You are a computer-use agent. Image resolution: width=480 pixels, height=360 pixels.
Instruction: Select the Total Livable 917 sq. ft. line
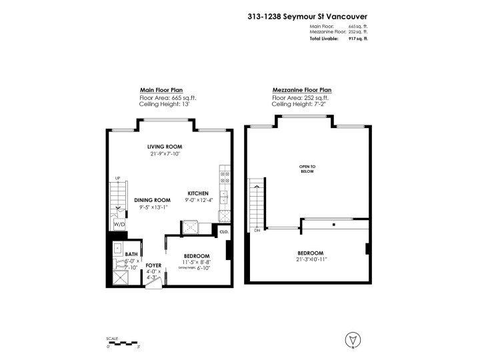[x=339, y=39]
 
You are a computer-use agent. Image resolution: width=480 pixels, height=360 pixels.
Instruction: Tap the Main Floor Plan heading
[x=161, y=90]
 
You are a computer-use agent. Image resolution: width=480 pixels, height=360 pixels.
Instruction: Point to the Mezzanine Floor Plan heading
[x=301, y=90]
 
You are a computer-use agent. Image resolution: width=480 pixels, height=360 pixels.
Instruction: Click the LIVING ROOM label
[x=165, y=147]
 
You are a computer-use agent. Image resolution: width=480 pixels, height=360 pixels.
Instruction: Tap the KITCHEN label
[x=197, y=193]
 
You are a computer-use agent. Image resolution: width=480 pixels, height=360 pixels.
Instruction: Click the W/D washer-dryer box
[x=119, y=225]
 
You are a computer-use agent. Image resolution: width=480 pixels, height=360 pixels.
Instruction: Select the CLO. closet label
[x=223, y=233]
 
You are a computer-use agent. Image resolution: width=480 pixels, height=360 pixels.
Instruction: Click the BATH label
[x=131, y=254]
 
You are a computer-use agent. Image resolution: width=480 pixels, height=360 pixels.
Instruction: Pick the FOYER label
[x=153, y=265]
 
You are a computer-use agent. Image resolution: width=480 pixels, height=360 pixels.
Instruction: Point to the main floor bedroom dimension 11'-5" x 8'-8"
[x=197, y=262]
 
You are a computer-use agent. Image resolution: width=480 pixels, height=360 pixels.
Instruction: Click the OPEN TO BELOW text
[x=307, y=168]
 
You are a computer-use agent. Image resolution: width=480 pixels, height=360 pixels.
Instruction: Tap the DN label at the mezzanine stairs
[x=257, y=231]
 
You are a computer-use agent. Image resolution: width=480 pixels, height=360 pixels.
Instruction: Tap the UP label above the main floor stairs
[x=117, y=178]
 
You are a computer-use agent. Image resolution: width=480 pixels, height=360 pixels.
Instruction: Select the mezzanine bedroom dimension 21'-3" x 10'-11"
[x=311, y=259]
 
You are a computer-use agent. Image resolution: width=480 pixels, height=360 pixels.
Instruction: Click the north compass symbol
[x=351, y=341]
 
